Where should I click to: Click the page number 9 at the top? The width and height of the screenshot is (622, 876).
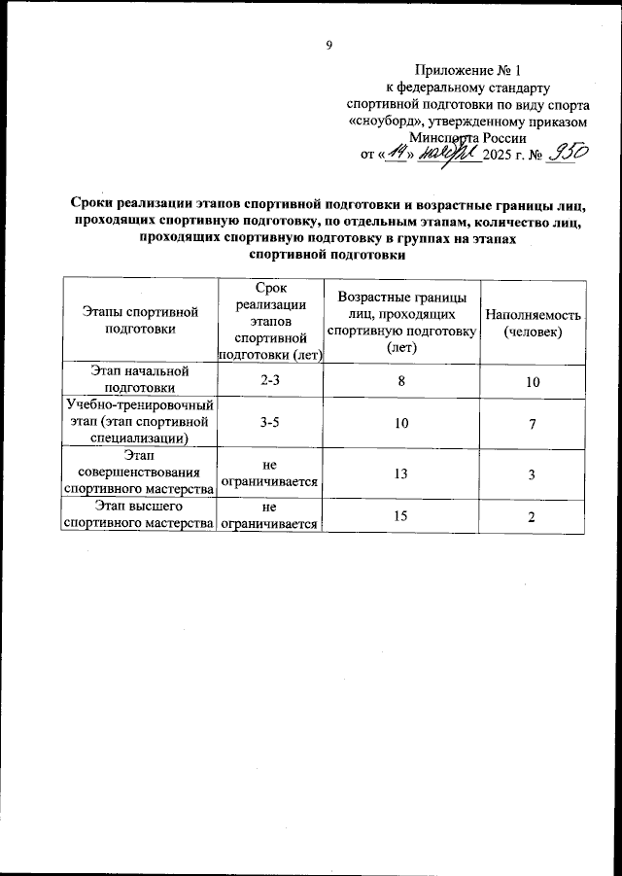click(329, 45)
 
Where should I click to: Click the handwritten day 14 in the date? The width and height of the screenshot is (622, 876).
click(396, 153)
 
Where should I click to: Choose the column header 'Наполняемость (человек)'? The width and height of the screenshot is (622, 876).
click(534, 324)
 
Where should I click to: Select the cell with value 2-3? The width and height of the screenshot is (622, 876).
click(270, 382)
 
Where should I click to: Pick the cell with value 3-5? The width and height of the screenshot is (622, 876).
click(270, 424)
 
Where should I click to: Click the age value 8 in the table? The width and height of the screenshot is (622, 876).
click(400, 382)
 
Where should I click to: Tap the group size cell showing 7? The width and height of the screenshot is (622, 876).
click(533, 424)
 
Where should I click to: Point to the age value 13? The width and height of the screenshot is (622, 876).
click(400, 473)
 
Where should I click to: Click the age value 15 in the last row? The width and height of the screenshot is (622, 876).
click(400, 515)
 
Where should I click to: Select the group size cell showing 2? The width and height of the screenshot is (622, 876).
click(533, 516)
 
